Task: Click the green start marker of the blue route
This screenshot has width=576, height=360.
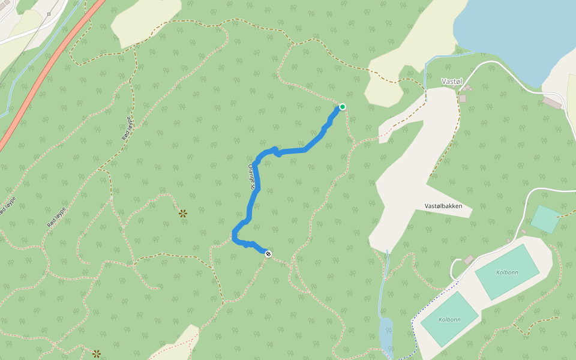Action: [343, 107]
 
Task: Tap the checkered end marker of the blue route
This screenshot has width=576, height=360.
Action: [268, 254]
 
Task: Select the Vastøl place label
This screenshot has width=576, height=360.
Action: [452, 81]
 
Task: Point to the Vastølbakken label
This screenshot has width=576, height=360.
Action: [447, 206]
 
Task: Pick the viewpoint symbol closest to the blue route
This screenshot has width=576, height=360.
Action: [183, 213]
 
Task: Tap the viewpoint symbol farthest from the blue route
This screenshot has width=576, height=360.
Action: [96, 353]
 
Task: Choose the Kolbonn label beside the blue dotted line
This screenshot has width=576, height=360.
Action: [449, 319]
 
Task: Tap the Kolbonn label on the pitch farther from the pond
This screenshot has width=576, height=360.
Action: [507, 272]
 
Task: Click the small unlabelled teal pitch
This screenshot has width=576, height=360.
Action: [545, 219]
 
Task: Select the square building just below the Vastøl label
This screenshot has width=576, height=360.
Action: [463, 98]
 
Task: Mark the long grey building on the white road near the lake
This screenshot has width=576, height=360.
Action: [553, 103]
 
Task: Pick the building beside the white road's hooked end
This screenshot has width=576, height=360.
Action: [469, 259]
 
